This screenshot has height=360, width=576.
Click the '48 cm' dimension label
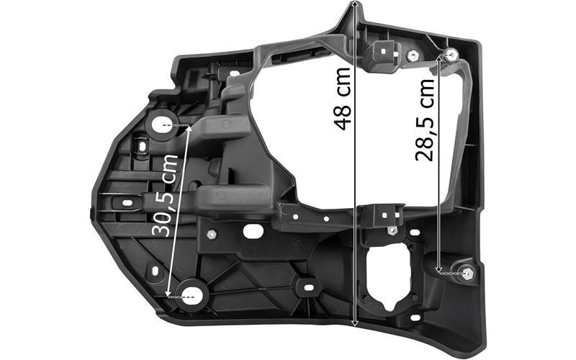(343, 99)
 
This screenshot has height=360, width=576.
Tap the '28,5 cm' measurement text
(425, 120)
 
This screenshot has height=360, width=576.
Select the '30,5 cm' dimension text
(165, 195)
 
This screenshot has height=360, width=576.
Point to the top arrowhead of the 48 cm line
(354, 4)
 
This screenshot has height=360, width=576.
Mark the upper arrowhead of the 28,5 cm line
(440, 58)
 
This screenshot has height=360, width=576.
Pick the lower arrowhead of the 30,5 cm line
(168, 294)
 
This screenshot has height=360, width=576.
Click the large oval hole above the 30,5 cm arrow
(162, 125)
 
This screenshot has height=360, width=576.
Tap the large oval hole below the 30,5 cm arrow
(192, 296)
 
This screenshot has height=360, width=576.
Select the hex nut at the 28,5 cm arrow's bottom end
(467, 274)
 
